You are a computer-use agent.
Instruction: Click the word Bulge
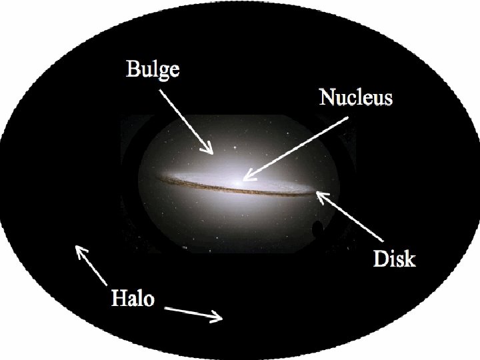[x=153, y=69]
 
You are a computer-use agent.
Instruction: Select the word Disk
[x=393, y=258]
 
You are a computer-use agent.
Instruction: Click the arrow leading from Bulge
[x=187, y=119]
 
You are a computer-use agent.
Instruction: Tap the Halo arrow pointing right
[x=193, y=314]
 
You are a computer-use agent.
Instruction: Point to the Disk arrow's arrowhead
[x=318, y=193]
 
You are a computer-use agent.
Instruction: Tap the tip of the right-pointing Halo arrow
[x=221, y=319]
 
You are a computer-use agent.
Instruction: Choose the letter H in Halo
[x=117, y=297]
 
